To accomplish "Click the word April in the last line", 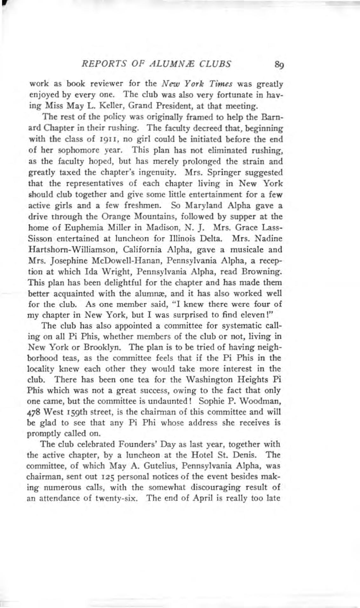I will click(x=195, y=498).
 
